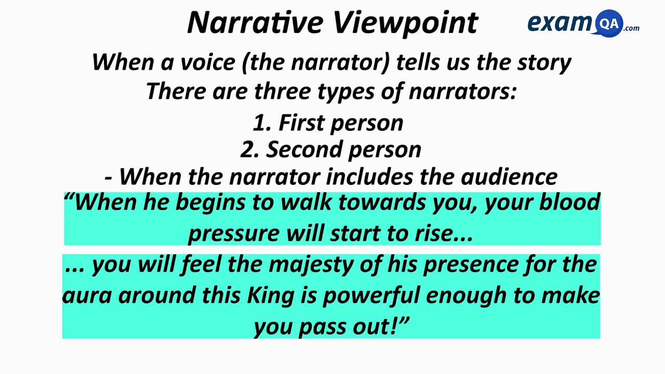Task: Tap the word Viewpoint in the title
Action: [405, 23]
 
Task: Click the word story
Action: [544, 63]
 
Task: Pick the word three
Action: [282, 91]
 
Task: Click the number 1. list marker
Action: [262, 123]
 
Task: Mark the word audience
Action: [509, 177]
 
